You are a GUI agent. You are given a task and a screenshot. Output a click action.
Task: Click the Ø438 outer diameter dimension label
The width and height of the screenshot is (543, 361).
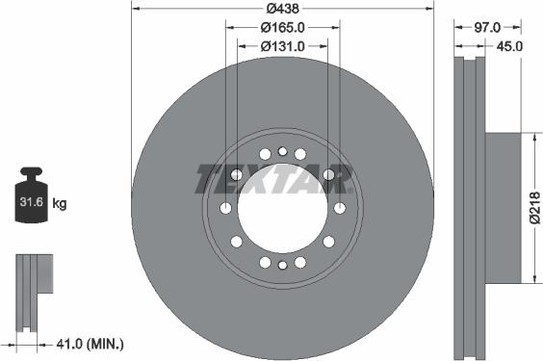pyautogui.click(x=282, y=9)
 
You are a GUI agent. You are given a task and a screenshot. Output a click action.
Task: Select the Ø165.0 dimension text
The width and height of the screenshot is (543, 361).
pyautogui.click(x=282, y=28)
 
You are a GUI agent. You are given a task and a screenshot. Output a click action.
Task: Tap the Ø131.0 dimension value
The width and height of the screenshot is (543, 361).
pyautogui.click(x=282, y=46)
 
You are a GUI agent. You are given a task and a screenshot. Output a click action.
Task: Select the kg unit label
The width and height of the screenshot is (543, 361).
pyautogui.click(x=60, y=203)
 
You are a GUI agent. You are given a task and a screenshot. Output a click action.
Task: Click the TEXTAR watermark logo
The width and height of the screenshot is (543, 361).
pyautogui.click(x=274, y=178)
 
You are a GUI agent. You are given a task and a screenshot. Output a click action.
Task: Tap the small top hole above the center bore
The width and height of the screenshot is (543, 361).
pyautogui.click(x=282, y=150)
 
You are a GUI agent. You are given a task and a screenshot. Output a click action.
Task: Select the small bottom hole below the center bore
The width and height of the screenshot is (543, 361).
pyautogui.click(x=282, y=266)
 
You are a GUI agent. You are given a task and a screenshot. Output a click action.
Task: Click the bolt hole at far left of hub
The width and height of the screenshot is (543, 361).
pyautogui.click(x=225, y=208)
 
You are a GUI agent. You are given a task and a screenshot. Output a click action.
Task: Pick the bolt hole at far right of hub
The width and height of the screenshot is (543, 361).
pyautogui.click(x=339, y=208)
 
